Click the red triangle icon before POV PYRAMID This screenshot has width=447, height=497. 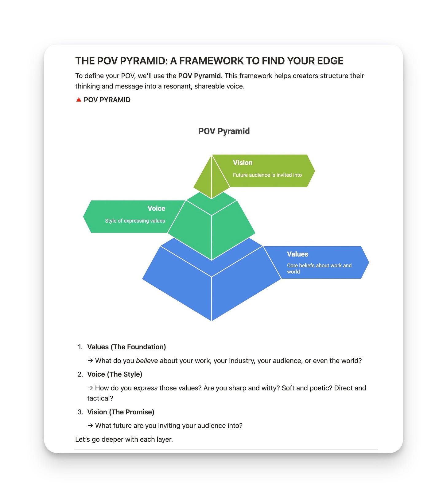(79, 100)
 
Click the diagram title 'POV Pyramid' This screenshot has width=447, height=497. (224, 131)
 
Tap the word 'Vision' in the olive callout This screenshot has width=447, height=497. (243, 163)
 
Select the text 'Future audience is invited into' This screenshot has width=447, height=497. (267, 175)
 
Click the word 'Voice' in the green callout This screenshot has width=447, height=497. (156, 209)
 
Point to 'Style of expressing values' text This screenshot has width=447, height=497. (135, 221)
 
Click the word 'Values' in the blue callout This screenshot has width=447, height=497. (297, 254)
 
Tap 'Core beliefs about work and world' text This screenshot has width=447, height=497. (319, 268)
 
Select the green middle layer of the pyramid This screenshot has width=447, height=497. (212, 230)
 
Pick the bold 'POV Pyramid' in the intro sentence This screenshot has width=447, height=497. (199, 76)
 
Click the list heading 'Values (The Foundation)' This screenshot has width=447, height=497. (126, 347)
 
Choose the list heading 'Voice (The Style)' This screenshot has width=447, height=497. (115, 374)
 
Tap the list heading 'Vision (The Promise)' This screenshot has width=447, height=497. (121, 412)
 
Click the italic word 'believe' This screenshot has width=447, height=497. (147, 361)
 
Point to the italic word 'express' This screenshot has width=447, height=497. (145, 388)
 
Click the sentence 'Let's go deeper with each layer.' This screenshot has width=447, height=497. (124, 440)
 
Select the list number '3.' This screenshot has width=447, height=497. (80, 412)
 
